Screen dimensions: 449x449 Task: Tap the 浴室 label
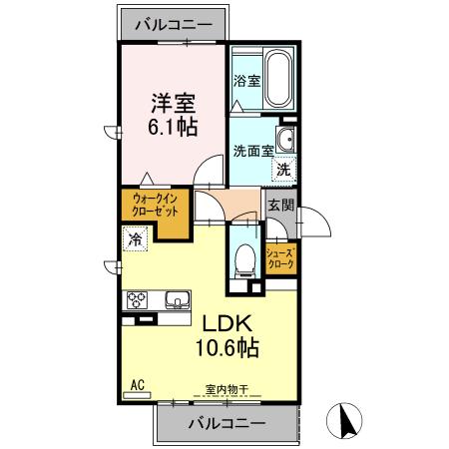point(246,81)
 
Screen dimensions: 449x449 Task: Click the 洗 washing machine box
point(283,170)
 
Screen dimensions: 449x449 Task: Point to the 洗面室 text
point(252,153)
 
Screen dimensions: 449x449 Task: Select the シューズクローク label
point(280,259)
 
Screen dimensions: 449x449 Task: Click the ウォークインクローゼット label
point(155,207)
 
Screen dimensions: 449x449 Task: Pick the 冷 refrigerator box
point(135,239)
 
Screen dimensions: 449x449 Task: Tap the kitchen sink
point(177,298)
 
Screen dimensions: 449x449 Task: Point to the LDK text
point(232,324)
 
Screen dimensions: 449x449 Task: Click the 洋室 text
point(172,103)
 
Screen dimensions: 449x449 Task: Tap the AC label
point(138,383)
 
